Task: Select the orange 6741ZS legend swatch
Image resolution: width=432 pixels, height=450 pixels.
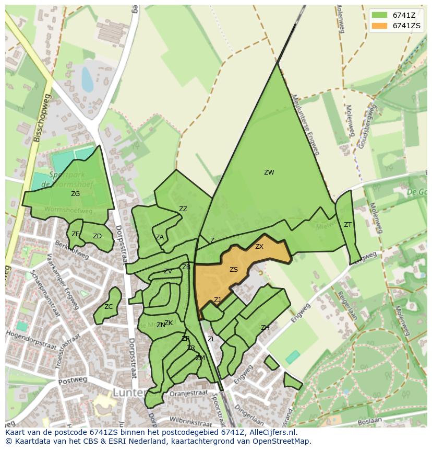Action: point(379,26)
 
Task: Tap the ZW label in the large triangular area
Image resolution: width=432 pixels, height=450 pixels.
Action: point(269,172)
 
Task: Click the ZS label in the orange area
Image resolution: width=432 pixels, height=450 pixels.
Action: point(234,270)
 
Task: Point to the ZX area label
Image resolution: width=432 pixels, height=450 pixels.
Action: point(259,247)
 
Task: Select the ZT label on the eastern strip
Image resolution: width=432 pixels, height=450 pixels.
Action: point(347,225)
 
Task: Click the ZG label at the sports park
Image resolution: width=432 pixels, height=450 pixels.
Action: point(76,194)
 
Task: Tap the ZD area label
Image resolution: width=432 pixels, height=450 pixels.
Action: point(97,236)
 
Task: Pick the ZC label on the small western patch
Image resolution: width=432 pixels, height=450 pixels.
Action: point(109,307)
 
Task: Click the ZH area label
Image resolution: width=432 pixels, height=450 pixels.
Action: point(265,328)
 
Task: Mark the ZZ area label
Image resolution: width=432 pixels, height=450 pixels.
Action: point(183,209)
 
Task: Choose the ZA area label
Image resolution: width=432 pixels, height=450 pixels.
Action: point(160,237)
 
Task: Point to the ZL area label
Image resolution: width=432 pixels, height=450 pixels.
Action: point(211,339)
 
